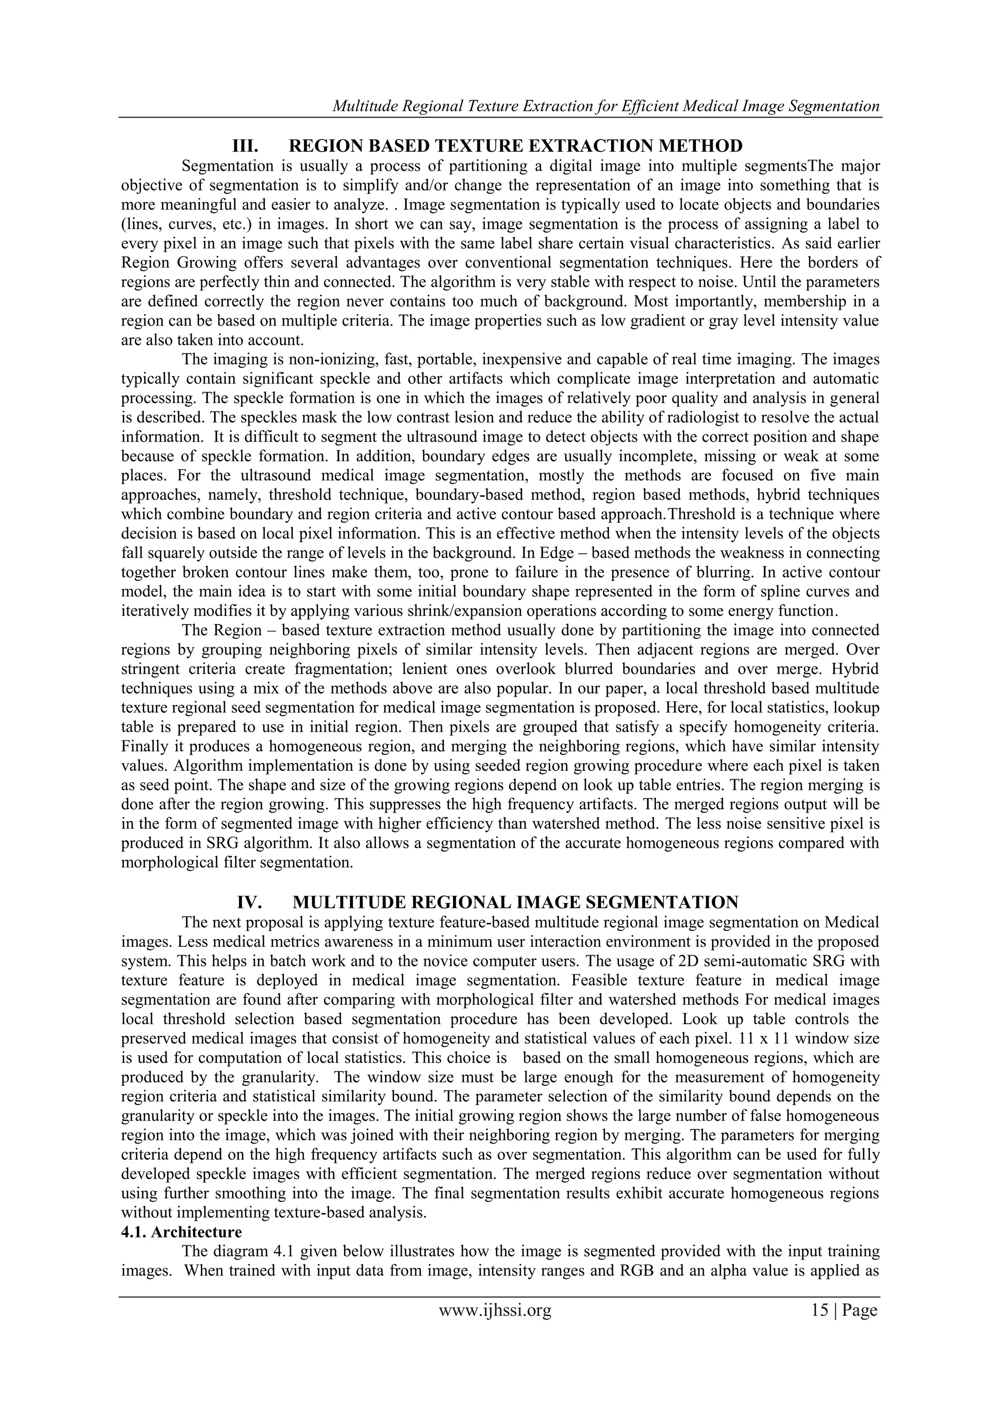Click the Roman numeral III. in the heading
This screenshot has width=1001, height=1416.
pyautogui.click(x=245, y=146)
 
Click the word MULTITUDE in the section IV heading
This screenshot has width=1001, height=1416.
pyautogui.click(x=348, y=902)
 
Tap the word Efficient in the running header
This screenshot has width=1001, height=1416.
pyautogui.click(x=647, y=107)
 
